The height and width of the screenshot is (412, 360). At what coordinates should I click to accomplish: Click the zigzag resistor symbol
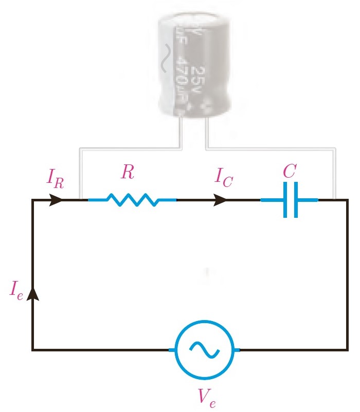pyautogui.click(x=132, y=199)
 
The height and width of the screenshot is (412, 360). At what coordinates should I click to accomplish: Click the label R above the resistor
pyautogui.click(x=128, y=173)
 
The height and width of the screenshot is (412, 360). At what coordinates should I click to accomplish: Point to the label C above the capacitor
pyautogui.click(x=290, y=173)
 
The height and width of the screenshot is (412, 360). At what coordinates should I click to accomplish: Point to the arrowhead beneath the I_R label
pyautogui.click(x=57, y=200)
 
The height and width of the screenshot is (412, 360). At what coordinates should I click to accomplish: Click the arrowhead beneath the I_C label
pyautogui.click(x=220, y=200)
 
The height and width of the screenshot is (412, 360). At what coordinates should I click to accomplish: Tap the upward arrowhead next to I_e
pyautogui.click(x=33, y=292)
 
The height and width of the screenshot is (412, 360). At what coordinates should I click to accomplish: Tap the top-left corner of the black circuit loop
pyautogui.click(x=33, y=200)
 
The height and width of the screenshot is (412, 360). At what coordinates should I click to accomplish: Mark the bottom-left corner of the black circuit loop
pyautogui.click(x=33, y=350)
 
